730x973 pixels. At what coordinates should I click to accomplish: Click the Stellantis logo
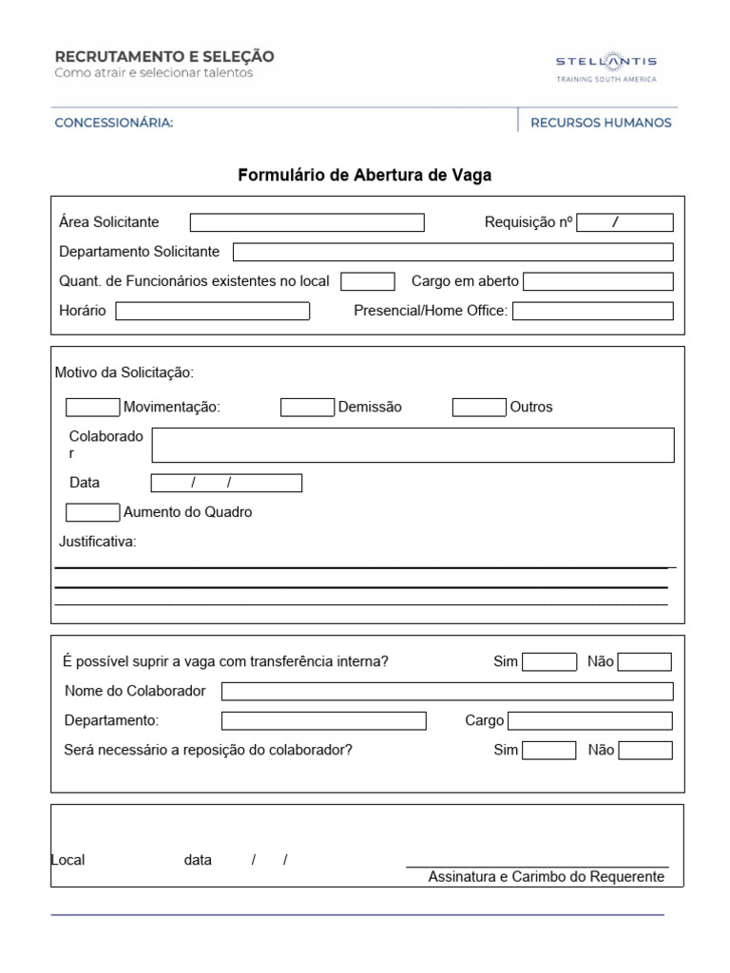[605, 66]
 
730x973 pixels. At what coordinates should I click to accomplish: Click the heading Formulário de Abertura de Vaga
[364, 175]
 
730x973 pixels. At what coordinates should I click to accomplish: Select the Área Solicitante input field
[307, 222]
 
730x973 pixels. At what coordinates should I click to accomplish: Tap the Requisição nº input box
[624, 222]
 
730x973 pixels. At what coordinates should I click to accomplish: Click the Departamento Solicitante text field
[452, 252]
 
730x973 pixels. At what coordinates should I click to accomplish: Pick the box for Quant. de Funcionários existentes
[367, 281]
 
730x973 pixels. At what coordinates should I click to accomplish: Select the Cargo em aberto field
[598, 281]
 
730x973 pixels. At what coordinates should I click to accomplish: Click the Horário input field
[212, 311]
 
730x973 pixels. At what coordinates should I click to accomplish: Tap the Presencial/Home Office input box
[592, 311]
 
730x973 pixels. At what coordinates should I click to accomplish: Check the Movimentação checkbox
[92, 407]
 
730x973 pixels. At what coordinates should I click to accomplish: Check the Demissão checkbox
[307, 407]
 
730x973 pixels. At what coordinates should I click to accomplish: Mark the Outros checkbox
[479, 407]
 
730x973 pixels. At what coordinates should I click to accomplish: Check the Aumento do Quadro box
[92, 512]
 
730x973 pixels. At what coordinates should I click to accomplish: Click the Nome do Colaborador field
[447, 691]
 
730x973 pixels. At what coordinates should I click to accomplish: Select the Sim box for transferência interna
[549, 662]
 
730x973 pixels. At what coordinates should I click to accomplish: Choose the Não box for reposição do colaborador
[645, 750]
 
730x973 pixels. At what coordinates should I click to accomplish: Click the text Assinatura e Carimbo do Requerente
[546, 876]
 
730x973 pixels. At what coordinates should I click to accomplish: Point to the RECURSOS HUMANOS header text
[601, 123]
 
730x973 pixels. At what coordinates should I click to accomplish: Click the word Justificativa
[98, 542]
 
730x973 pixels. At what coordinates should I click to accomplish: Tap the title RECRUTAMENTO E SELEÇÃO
[164, 57]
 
